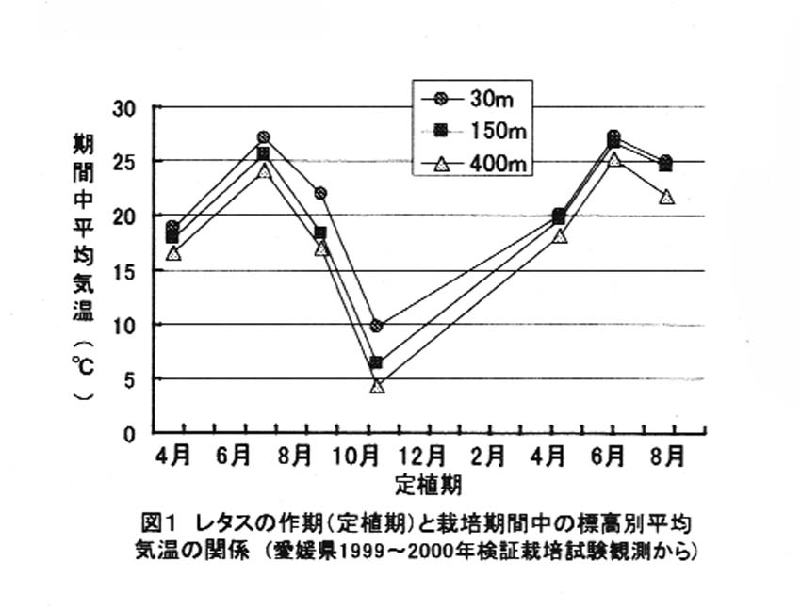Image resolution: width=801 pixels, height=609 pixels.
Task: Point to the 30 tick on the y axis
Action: click(124, 108)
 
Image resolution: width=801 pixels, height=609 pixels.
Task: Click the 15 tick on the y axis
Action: click(124, 271)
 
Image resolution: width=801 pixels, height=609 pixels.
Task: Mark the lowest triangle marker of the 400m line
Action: click(378, 386)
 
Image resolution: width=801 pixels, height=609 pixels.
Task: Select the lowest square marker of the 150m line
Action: click(376, 362)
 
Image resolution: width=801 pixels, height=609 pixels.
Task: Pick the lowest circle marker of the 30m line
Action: click(376, 326)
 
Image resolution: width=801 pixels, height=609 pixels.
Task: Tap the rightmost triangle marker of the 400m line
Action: click(667, 197)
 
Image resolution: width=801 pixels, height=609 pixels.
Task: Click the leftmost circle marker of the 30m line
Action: click(172, 228)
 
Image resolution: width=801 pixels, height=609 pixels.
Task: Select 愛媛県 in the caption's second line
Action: click(300, 550)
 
